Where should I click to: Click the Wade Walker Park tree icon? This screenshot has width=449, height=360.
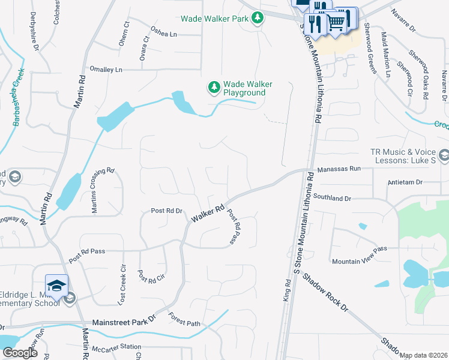(x=258, y=18)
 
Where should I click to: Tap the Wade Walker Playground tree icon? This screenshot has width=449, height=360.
(x=214, y=88)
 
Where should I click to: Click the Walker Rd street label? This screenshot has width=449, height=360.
(x=208, y=213)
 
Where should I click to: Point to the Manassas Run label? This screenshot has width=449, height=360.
(x=339, y=170)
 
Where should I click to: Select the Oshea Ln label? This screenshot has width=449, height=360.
(x=164, y=34)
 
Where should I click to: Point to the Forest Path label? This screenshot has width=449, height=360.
(x=184, y=323)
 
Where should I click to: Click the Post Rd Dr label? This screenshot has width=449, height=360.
(x=166, y=211)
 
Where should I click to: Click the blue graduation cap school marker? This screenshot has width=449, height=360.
(x=56, y=286)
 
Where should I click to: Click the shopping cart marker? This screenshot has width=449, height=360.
(x=336, y=22)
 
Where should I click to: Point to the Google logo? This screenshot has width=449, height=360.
(x=20, y=353)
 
